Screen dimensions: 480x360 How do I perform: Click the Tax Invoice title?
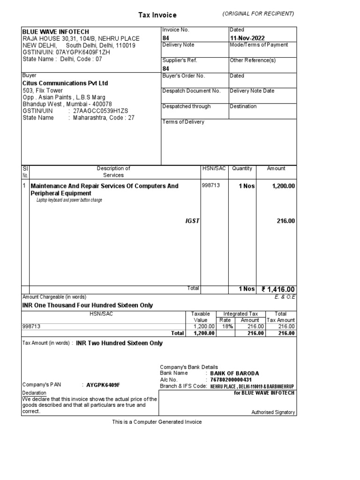tap(157, 15)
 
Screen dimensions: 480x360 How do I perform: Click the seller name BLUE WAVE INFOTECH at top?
tap(56, 31)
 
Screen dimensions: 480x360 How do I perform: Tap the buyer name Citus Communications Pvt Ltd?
tap(65, 83)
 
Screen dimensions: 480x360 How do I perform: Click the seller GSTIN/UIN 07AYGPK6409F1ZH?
tap(66, 52)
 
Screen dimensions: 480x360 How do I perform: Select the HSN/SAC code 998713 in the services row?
tap(210, 186)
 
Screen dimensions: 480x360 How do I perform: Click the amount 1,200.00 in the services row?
tap(283, 186)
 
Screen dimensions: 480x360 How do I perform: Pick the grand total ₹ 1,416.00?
tap(278, 290)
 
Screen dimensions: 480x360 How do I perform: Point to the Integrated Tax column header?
tap(240, 314)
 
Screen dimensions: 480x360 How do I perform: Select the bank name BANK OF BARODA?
tap(234, 373)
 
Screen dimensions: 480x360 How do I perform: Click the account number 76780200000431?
tap(231, 380)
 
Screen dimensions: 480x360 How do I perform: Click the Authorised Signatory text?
tap(273, 412)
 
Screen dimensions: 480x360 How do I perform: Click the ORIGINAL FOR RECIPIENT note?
tap(258, 14)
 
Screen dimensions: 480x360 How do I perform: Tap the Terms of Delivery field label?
tap(183, 122)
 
